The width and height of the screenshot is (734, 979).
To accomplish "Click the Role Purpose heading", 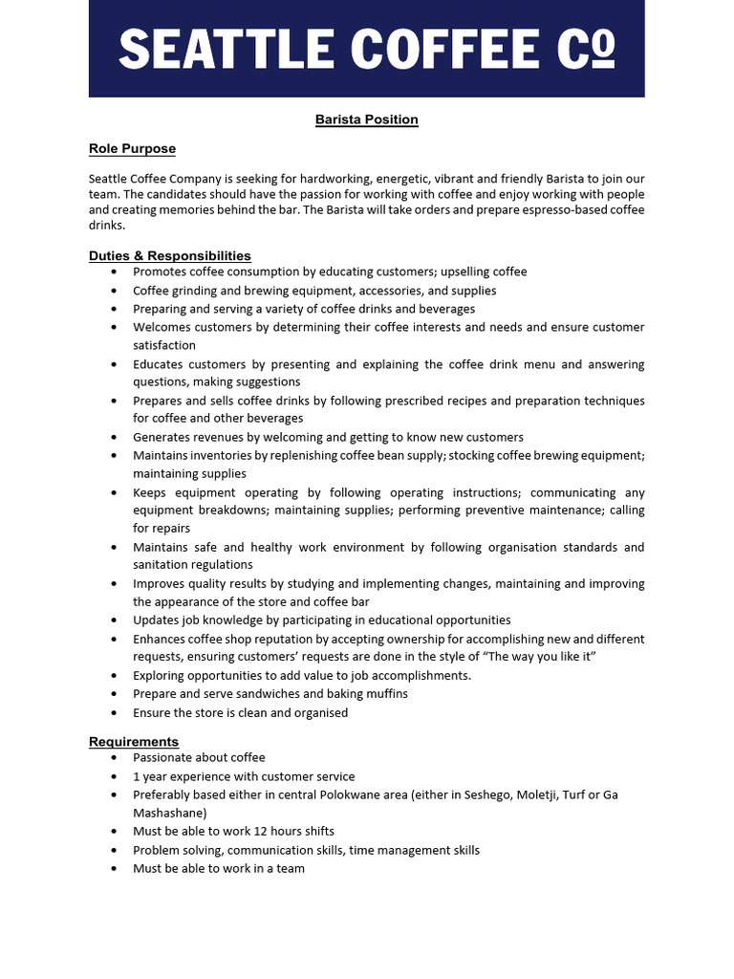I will point(132,148).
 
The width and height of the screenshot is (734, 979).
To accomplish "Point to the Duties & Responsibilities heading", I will point(170,255).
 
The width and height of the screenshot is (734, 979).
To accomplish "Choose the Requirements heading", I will point(134,741).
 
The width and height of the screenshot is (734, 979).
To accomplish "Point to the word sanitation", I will point(162,565).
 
